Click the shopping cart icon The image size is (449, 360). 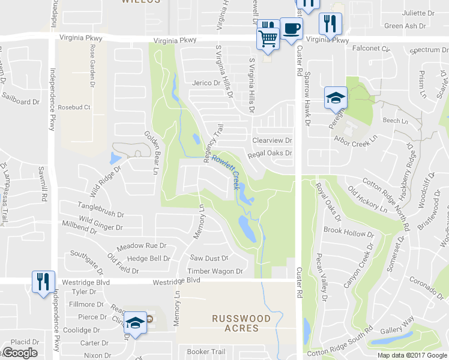pyautogui.click(x=268, y=38)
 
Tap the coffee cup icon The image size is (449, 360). pyautogui.click(x=291, y=28)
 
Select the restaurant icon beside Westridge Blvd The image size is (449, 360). pyautogui.click(x=42, y=282)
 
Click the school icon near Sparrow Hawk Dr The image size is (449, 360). pyautogui.click(x=336, y=98)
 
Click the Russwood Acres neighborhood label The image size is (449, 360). pyautogui.click(x=236, y=323)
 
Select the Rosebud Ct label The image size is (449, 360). pyautogui.click(x=74, y=108)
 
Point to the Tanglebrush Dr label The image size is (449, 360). pyautogui.click(x=100, y=214)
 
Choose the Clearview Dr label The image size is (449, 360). pyautogui.click(x=272, y=140)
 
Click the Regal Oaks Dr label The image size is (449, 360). pyautogui.click(x=270, y=154)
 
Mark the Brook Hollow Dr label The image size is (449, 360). pyautogui.click(x=348, y=232)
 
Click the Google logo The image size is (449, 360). pyautogui.click(x=20, y=353)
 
